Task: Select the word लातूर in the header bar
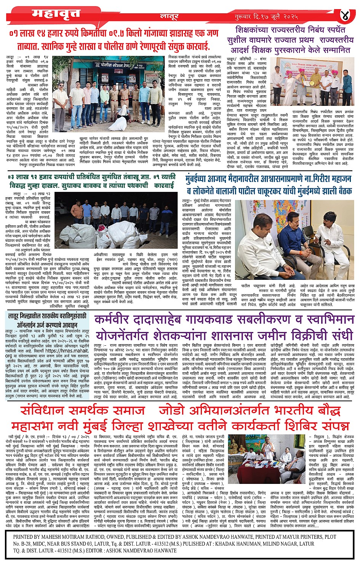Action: [169, 17]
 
